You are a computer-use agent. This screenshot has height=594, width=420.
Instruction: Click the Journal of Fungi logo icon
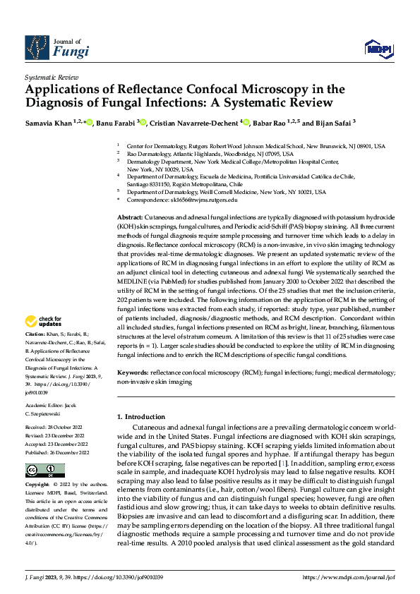click(37, 47)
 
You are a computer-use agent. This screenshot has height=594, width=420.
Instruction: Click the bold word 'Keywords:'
click(132, 372)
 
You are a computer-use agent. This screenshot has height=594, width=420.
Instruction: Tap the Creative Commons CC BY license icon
click(44, 470)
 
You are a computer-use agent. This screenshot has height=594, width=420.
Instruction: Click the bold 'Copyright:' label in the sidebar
click(37, 485)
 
